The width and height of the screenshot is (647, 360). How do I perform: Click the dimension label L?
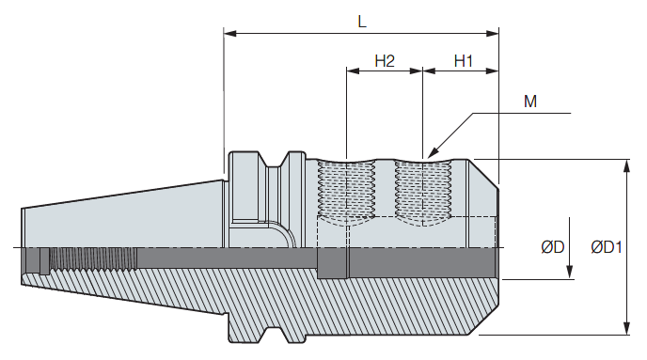pyautogui.click(x=362, y=21)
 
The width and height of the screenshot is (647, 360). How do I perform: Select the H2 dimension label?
pyautogui.click(x=385, y=61)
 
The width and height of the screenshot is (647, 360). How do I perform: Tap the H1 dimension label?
pyautogui.click(x=463, y=61)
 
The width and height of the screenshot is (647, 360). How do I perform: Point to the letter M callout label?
pyautogui.click(x=530, y=101)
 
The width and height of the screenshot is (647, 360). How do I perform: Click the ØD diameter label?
pyautogui.click(x=553, y=247)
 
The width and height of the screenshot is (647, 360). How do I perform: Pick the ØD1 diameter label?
pyautogui.click(x=607, y=247)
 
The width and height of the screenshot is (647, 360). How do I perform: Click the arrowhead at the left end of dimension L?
pyautogui.click(x=229, y=33)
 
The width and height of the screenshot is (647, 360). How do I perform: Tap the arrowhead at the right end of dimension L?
pyautogui.click(x=493, y=33)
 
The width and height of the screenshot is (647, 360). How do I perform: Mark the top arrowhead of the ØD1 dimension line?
pyautogui.click(x=626, y=165)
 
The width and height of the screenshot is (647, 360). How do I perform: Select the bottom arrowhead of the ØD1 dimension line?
pyautogui.click(x=626, y=328)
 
